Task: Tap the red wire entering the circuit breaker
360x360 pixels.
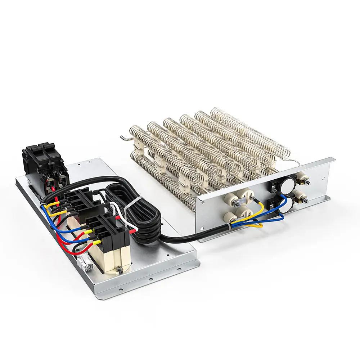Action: click(x=53, y=188)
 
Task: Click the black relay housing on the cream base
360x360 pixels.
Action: click(x=108, y=230)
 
